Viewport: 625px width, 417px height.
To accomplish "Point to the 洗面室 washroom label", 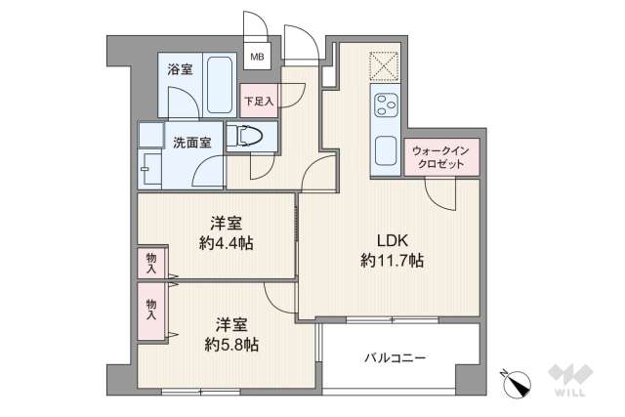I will click(x=192, y=143).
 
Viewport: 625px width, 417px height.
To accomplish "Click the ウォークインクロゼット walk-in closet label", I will click(x=442, y=157).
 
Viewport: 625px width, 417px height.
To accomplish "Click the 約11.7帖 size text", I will click(x=390, y=261).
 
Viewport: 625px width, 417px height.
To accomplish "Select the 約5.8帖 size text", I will click(x=231, y=344).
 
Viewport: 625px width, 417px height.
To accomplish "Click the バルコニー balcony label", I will click(x=396, y=358).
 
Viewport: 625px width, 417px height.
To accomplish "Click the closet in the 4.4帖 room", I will click(x=150, y=263).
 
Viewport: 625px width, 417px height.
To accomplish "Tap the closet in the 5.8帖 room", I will click(x=151, y=310).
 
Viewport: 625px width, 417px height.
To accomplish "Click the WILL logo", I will click(x=571, y=381).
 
